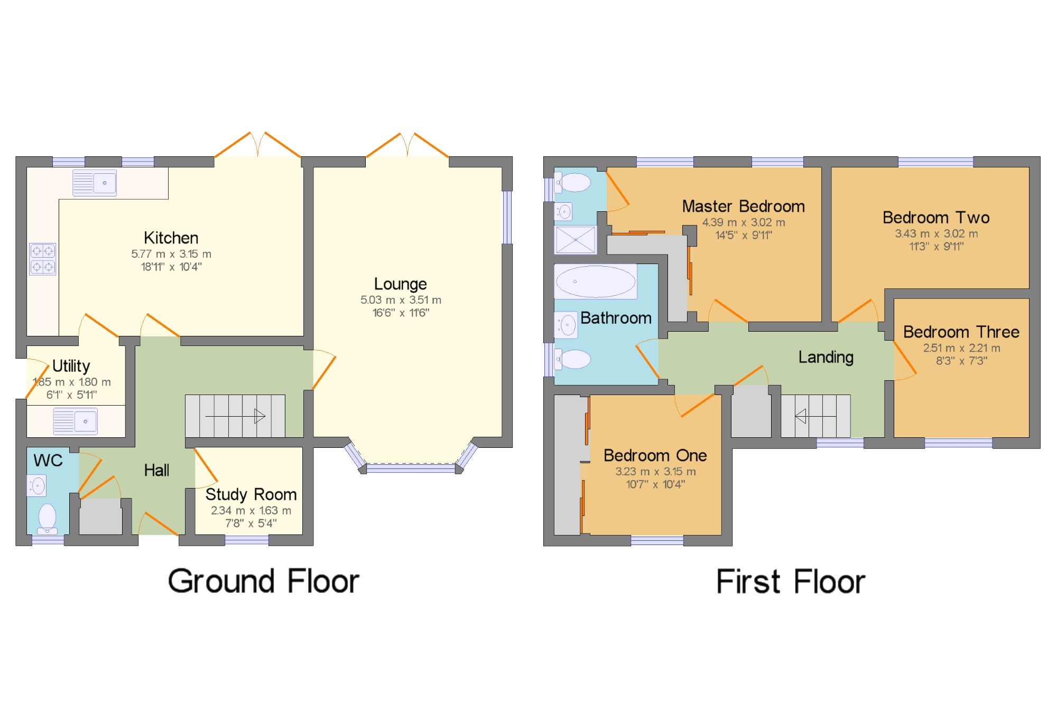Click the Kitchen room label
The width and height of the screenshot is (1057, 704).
pos(171,238)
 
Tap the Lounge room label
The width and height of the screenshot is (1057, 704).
pos(401,284)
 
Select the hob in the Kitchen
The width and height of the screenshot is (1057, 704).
pos(43,259)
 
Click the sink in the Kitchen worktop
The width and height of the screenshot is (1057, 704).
pos(95,183)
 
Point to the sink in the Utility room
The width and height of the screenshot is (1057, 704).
pos(76,421)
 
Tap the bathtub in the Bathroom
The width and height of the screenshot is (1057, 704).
pos(596,281)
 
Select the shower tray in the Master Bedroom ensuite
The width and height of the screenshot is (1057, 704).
pos(576,240)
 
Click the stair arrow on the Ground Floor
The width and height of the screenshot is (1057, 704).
pos(235,416)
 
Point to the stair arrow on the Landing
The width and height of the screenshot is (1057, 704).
pos(815,416)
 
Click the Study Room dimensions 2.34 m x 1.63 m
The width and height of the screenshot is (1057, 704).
pos(251,511)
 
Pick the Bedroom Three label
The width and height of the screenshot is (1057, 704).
pos(961,332)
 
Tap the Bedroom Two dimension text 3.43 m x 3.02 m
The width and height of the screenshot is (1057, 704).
pos(936,233)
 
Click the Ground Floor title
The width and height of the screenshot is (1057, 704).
pos(264,581)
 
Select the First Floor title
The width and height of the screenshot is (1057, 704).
pos(791,582)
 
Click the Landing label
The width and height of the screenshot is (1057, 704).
pos(826,358)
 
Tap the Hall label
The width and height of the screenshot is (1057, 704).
pos(156,470)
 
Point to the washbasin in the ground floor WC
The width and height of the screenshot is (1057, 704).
pos(36,485)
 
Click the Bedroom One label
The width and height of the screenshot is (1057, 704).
pos(655,455)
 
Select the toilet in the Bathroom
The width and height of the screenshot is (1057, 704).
pos(572,359)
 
